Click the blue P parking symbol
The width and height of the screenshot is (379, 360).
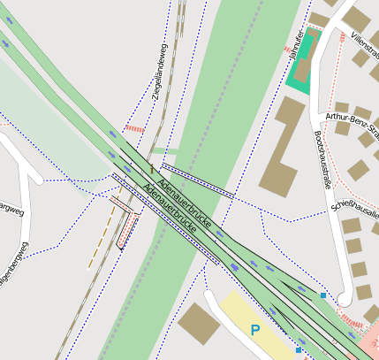coord(255,331)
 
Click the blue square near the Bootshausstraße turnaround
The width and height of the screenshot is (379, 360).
coord(324,295)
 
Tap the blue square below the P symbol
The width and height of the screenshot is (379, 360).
coord(299,350)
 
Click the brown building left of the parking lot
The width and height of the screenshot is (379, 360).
coord(199,324)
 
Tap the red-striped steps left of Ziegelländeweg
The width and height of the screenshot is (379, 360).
coord(134,128)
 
